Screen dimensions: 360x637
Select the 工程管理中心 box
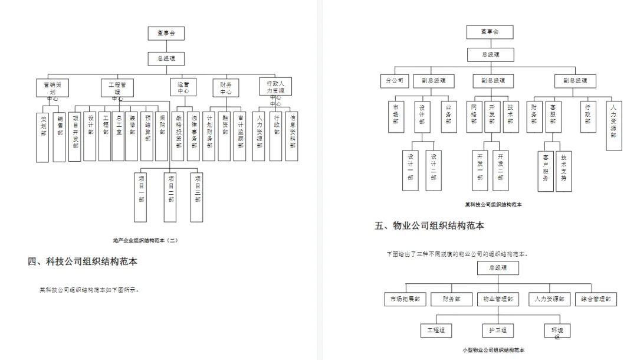(117, 88)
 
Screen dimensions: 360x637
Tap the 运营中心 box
(183, 88)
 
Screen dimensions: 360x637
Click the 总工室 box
(118, 136)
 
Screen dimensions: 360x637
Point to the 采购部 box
(162, 136)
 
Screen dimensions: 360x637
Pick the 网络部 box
(473, 116)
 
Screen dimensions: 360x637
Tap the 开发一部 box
(480, 170)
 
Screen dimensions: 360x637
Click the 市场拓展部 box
(405, 299)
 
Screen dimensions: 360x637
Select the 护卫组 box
(494, 330)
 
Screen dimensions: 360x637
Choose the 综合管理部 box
(596, 299)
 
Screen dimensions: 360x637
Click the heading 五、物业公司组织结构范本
(429, 225)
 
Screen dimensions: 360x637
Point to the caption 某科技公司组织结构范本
(492, 204)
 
